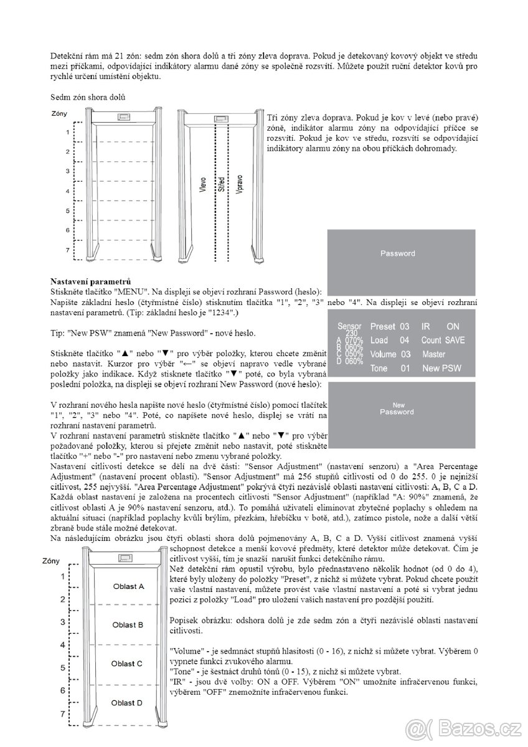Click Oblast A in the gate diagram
[x=128, y=586]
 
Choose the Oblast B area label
[x=128, y=624]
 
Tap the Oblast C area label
[x=128, y=664]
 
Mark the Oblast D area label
[x=128, y=703]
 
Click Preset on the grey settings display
[x=383, y=326]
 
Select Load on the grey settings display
[x=379, y=341]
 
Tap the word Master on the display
[x=434, y=354]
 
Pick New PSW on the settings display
[x=441, y=369]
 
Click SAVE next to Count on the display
[x=455, y=341]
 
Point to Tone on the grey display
[x=379, y=369]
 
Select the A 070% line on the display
[x=349, y=341]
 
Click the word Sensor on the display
[x=349, y=326]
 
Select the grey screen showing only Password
[x=397, y=261]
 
